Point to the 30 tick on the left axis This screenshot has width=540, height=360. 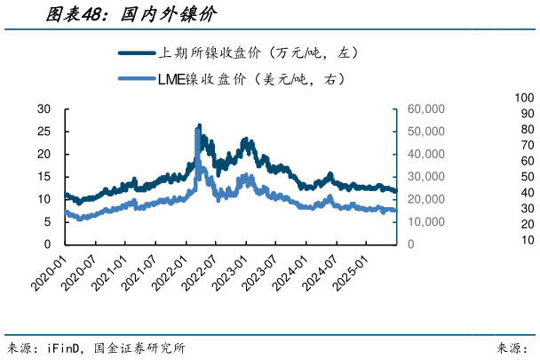[44, 109]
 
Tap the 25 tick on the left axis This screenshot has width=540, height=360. [44, 132]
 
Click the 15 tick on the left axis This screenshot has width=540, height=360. [44, 177]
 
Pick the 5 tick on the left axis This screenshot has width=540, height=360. [47, 222]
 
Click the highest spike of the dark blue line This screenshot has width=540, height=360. [198, 125]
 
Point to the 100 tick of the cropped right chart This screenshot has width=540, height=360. [523, 98]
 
